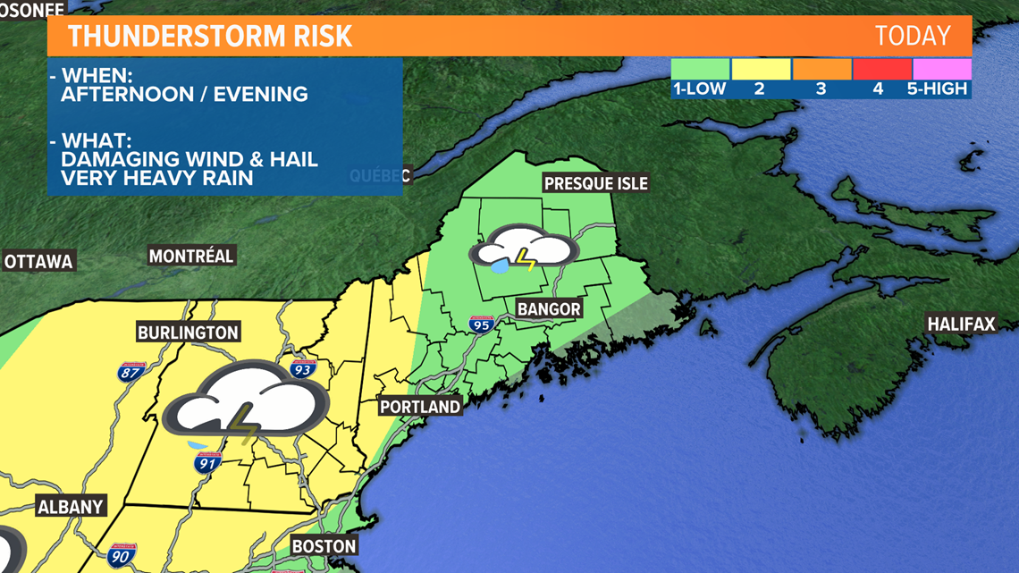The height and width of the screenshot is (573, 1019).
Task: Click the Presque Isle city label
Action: click(595, 184)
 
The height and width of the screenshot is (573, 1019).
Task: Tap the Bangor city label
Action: click(548, 309)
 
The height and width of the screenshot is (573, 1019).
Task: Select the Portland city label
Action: click(419, 407)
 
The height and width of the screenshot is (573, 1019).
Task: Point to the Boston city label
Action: click(324, 546)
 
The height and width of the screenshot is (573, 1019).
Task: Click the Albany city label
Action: click(71, 507)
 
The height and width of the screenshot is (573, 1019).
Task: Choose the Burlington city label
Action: click(188, 333)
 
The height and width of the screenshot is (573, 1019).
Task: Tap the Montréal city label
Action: click(191, 257)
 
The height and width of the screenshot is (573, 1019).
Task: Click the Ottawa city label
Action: click(38, 262)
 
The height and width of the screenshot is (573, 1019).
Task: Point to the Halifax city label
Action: click(961, 324)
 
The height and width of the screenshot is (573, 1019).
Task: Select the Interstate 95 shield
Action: click(482, 324)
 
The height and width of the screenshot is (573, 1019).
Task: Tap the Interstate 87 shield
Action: click(131, 371)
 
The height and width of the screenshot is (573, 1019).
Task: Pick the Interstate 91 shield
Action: click(207, 462)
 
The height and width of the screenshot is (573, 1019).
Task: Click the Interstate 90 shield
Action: click(122, 556)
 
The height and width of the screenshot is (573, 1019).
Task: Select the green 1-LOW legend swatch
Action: click(701, 69)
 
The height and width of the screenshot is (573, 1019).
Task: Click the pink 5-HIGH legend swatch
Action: click(941, 69)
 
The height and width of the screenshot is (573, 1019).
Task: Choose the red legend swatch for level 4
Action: click(881, 69)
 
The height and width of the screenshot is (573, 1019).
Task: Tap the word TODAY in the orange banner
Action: click(913, 36)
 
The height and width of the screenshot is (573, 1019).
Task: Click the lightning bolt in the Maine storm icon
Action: click(526, 258)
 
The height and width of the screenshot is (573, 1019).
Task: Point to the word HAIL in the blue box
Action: click(293, 159)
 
